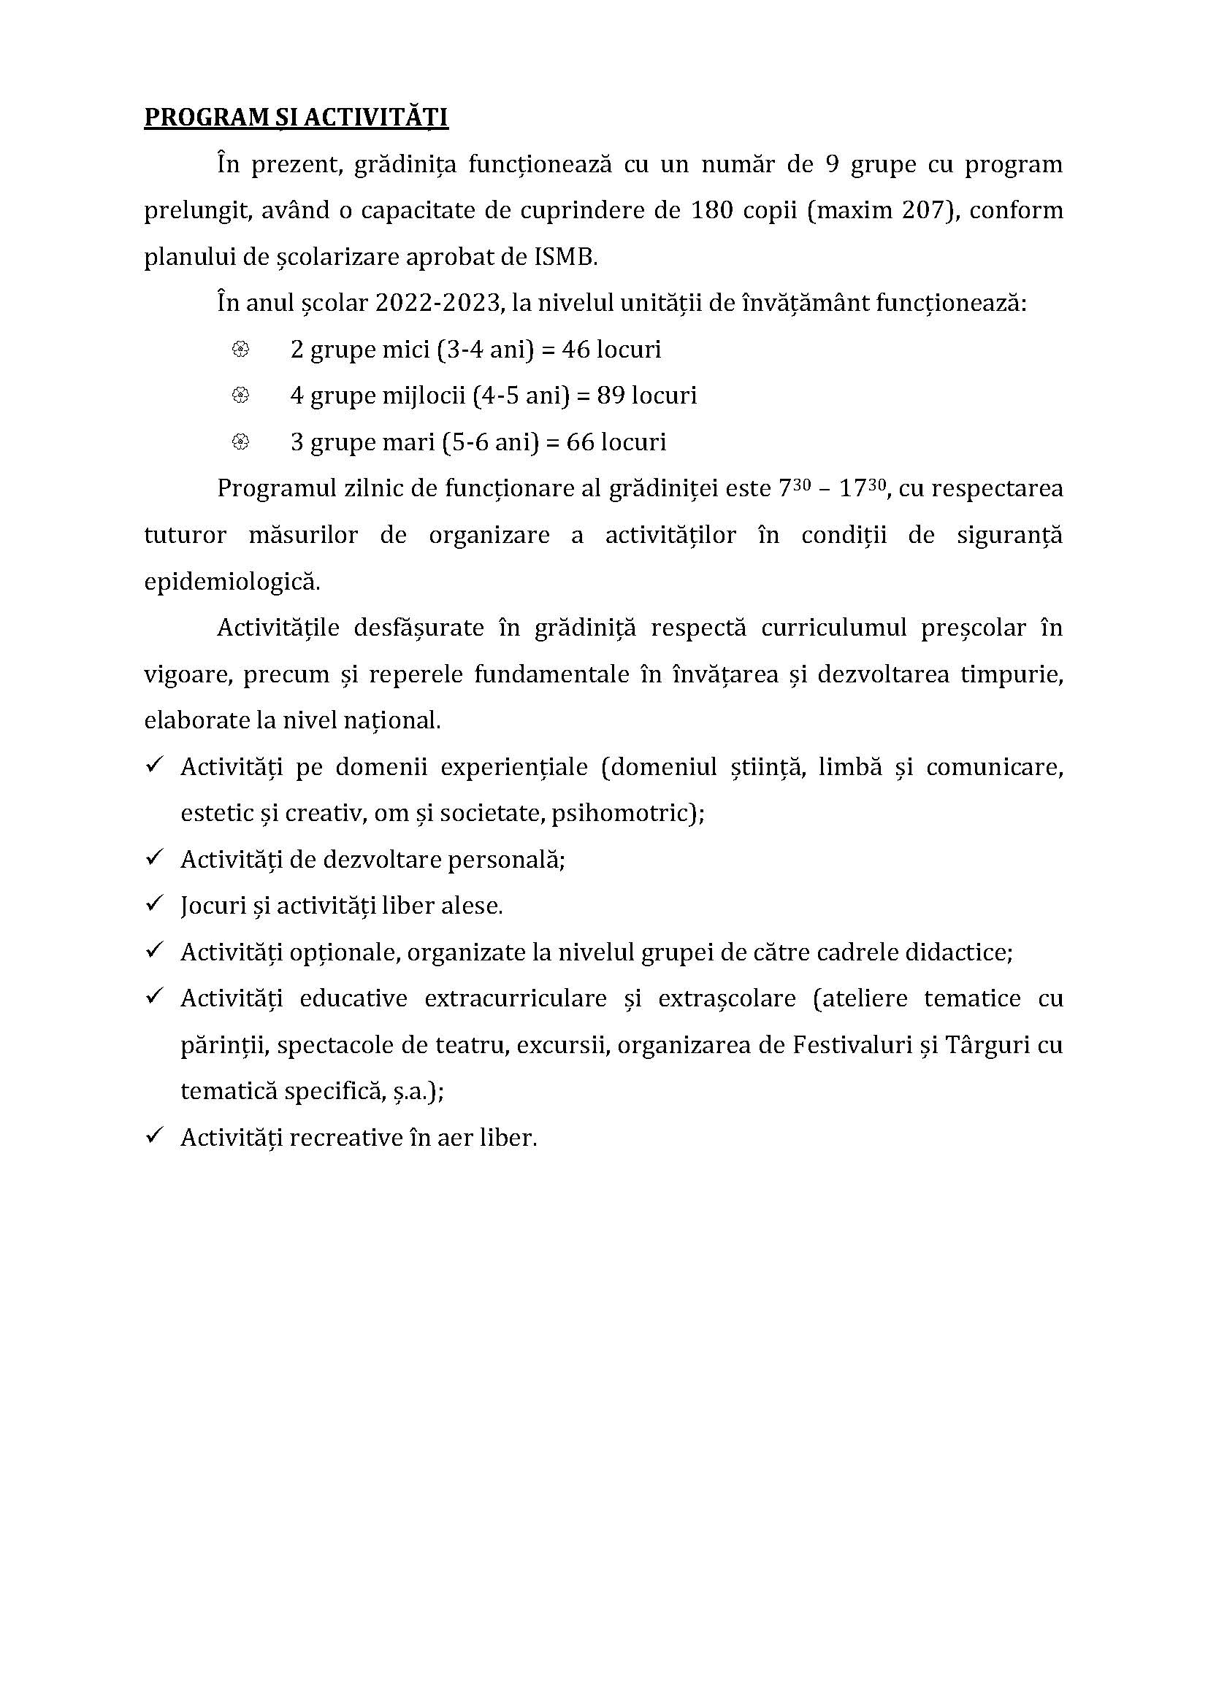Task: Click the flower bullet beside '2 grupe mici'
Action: [240, 350]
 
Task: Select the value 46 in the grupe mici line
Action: [576, 350]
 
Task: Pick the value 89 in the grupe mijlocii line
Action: [611, 396]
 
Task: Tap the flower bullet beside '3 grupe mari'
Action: [240, 442]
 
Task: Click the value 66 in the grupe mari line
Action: [580, 442]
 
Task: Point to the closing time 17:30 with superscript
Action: [863, 488]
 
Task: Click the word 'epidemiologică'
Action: [232, 582]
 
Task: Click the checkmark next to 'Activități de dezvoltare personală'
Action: [155, 858]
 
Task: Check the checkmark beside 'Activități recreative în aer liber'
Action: [155, 1136]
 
